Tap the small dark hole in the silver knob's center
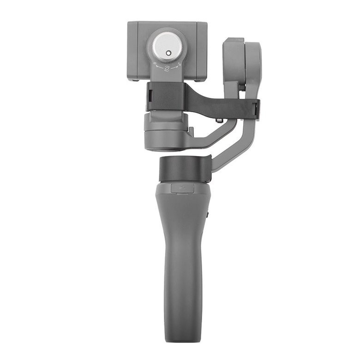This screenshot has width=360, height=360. pyautogui.click(x=168, y=53)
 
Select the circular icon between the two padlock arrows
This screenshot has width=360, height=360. pyautogui.click(x=167, y=68)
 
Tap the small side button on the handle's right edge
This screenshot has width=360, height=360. pyautogui.click(x=208, y=214)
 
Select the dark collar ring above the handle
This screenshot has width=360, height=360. pyautogui.click(x=185, y=169)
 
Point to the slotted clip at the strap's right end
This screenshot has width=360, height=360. pyautogui.click(x=256, y=109)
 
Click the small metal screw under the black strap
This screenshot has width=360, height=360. pyautogui.click(x=220, y=120)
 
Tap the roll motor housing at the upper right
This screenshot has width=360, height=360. pyautogui.click(x=240, y=62)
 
